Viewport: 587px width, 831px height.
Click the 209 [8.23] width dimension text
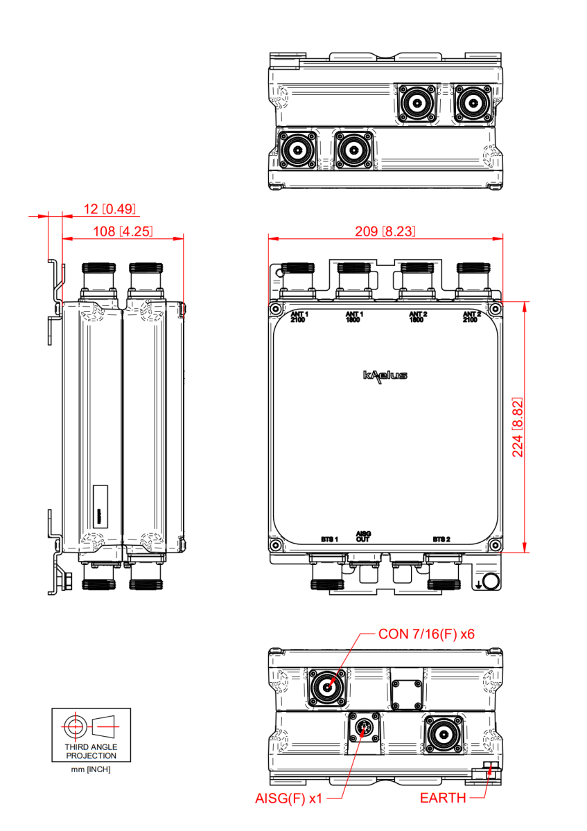[x=385, y=231]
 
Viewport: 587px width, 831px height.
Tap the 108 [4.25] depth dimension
[x=123, y=231]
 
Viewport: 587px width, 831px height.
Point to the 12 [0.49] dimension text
[x=109, y=208]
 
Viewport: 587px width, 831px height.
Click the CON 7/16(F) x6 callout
[x=426, y=634]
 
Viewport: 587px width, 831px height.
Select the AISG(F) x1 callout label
[x=289, y=798]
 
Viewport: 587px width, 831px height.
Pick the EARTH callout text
[x=443, y=798]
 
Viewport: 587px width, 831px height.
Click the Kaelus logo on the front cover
[x=385, y=375]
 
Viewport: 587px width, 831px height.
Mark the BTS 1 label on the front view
[x=329, y=539]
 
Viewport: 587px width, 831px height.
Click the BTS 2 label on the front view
[x=441, y=539]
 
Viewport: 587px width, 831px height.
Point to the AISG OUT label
[x=363, y=536]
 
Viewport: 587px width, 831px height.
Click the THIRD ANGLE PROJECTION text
[x=91, y=751]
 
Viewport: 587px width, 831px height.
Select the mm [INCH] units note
[x=91, y=770]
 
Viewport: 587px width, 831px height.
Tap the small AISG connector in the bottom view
[x=364, y=728]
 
